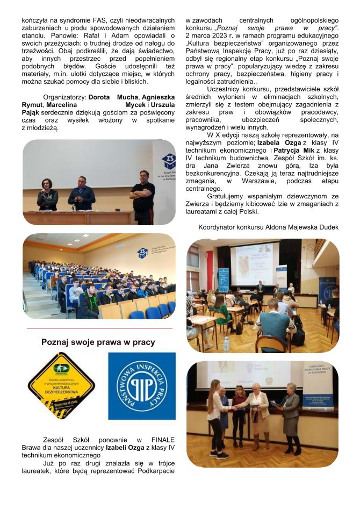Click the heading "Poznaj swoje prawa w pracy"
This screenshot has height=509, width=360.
98,342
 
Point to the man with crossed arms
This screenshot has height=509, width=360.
142,196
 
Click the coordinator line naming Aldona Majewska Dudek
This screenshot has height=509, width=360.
268,227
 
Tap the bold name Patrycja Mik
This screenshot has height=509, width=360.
294,151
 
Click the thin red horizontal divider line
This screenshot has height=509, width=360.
99,327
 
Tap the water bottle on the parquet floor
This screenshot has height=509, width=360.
226,344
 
